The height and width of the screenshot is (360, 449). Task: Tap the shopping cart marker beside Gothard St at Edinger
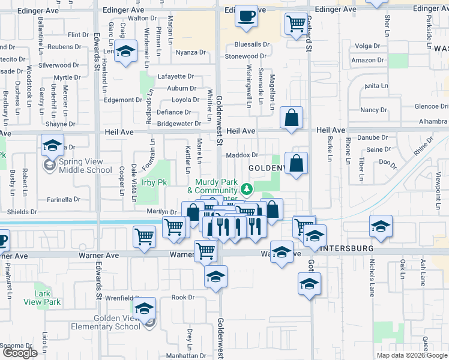[295, 25]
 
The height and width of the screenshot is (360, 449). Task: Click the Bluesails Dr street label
[252, 44]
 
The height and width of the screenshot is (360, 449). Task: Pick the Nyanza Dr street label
[191, 53]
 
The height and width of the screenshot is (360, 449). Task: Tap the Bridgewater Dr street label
[179, 124]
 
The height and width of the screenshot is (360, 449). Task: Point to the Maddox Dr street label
[242, 155]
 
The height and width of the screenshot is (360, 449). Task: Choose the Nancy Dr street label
[373, 110]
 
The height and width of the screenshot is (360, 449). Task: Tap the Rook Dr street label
[183, 297]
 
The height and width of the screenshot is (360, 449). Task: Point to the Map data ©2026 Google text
[412, 355]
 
